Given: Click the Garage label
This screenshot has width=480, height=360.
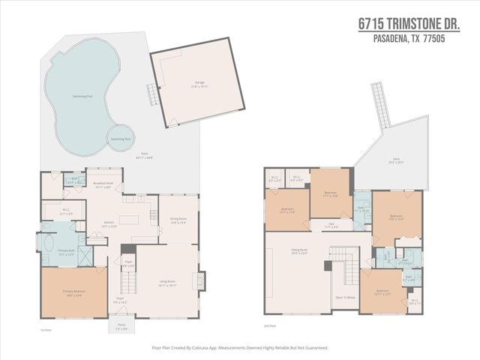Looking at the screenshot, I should pyautogui.click(x=200, y=84).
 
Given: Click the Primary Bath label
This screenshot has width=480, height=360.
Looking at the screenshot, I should pyautogui.click(x=66, y=253).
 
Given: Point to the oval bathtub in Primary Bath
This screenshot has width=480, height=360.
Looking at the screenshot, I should pyautogui.click(x=49, y=245).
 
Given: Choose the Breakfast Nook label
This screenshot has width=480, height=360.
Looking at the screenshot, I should pyautogui.click(x=103, y=184).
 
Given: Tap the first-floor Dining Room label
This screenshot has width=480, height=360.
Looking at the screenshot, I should pyautogui.click(x=177, y=221).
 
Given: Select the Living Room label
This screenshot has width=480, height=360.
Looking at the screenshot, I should pyautogui.click(x=167, y=283).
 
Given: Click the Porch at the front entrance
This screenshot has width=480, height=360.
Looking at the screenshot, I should pyautogui.click(x=121, y=327).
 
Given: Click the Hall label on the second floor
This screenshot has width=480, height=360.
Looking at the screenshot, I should pyautogui.click(x=331, y=225).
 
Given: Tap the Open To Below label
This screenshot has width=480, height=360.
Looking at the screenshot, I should pyautogui.click(x=345, y=298).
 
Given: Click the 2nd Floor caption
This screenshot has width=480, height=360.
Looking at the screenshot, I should pyautogui.click(x=270, y=326).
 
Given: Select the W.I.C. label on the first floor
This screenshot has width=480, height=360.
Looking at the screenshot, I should pyautogui.click(x=66, y=211).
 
